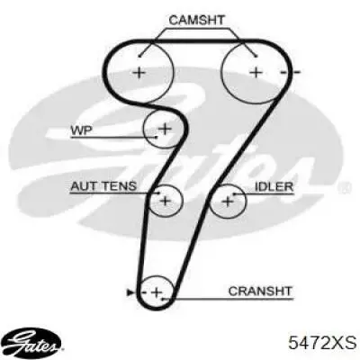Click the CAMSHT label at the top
point(196,20)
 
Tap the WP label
point(82,130)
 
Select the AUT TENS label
point(103,186)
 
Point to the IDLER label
point(274,186)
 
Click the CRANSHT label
point(260,291)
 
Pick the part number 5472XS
point(322,343)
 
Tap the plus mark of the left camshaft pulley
point(139,72)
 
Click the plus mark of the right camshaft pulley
point(256,72)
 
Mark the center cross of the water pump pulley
point(165,129)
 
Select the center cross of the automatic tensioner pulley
point(166,201)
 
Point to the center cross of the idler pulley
point(228,201)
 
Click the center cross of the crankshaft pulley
point(157,292)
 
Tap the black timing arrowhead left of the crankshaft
point(130,292)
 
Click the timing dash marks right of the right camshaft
point(290,72)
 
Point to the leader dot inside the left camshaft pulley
point(139,56)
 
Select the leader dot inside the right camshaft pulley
point(256,56)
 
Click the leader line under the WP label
point(113,138)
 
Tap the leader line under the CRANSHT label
point(227,299)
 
